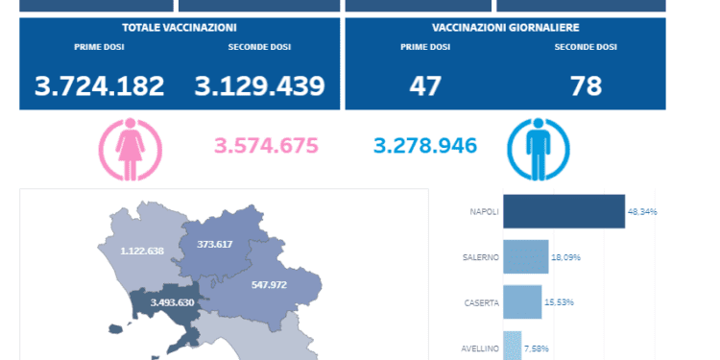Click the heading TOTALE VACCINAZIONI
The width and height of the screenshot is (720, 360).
(x=180, y=28)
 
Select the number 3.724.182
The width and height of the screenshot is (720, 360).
(x=100, y=86)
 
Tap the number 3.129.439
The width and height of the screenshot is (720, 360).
(x=260, y=86)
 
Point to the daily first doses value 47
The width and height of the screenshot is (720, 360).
(x=425, y=86)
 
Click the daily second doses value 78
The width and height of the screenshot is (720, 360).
(x=586, y=86)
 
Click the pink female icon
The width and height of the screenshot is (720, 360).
(x=131, y=150)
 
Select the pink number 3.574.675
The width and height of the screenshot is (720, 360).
(x=265, y=147)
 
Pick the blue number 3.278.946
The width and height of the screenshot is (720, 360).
(x=425, y=147)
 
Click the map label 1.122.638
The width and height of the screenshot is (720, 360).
(x=142, y=251)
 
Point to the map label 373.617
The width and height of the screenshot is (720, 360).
(x=215, y=245)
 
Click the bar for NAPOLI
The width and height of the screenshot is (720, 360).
(x=564, y=211)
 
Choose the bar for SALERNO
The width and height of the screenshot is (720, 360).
(x=525, y=257)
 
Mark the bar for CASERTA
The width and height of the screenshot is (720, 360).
(x=522, y=302)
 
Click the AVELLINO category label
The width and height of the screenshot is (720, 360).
(x=480, y=348)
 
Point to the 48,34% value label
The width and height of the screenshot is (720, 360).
(x=642, y=211)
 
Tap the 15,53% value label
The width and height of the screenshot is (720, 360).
(x=559, y=302)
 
